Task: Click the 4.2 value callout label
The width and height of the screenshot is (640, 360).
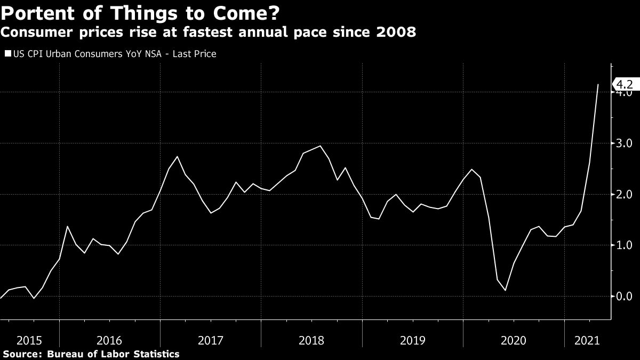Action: coord(623,84)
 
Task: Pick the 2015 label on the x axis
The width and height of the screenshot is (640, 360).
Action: coord(30,340)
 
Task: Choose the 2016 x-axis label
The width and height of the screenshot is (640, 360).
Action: coord(110,340)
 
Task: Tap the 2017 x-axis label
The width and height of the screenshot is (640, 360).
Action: coord(211,340)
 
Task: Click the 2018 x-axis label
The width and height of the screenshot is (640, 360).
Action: coord(311,340)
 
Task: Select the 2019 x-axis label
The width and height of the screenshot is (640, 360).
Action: coord(412,340)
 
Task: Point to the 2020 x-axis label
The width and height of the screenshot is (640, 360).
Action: coord(513,340)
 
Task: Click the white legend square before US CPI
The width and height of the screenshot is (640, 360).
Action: coord(7,54)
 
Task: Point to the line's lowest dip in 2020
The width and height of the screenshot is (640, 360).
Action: coord(505,290)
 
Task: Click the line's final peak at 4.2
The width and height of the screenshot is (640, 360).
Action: coord(598,84)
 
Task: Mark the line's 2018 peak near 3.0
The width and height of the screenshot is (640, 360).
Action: coord(320,146)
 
